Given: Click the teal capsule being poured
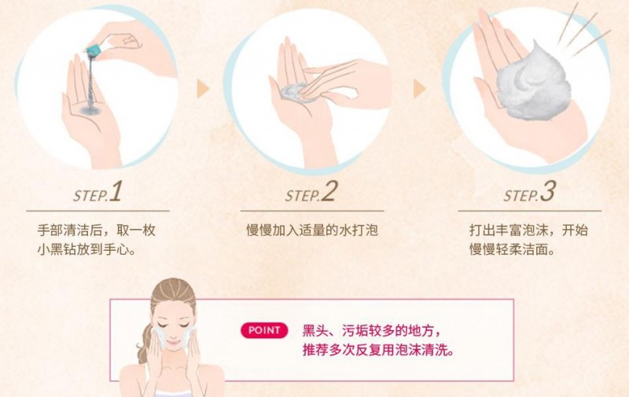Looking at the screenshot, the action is pos(94,52).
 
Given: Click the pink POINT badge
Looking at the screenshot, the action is pos(264,330).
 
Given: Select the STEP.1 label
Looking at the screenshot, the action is pos(97,192).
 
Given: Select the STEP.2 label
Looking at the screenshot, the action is pos(311,192).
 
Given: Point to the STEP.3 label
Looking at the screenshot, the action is pos(529,192).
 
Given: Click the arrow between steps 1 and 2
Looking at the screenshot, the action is pos(203,89).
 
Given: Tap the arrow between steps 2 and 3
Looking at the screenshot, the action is pos(419,89).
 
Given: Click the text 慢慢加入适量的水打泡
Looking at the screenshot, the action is pos(312,230).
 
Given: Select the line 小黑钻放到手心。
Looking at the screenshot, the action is pos(86,249).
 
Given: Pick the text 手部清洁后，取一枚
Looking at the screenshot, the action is pos(96,230).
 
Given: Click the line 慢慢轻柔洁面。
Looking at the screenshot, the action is pos(513,249).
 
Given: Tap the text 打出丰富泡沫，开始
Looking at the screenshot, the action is pos(528,230).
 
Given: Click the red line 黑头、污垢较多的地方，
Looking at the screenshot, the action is pos(372,331).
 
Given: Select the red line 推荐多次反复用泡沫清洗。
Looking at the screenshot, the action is pos(379,350).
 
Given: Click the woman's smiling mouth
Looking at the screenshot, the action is pos(172,344).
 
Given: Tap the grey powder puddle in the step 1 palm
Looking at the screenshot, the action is pos(91,109).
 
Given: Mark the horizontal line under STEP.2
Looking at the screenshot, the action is pos(312,211).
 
